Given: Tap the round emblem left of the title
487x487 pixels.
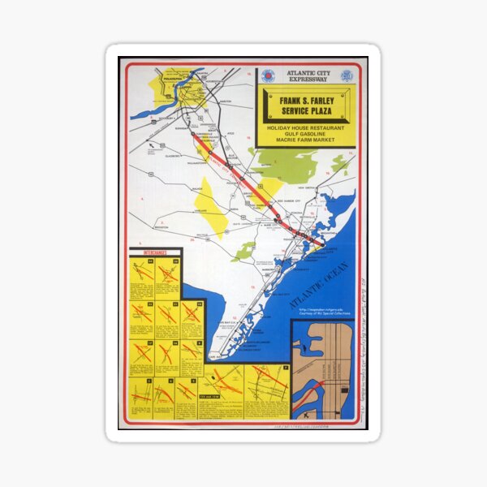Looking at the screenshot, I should coord(268,76).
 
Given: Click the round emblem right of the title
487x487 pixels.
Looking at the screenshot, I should coord(347,76).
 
